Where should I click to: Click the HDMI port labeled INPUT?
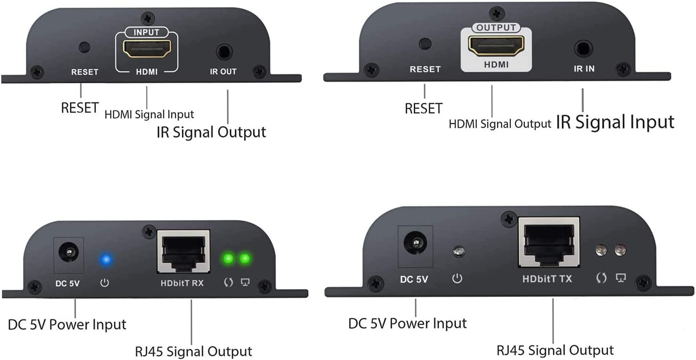coord(147,49)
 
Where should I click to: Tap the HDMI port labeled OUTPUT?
coord(496,46)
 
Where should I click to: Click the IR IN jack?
coord(583,48)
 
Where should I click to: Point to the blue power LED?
coord(106,258)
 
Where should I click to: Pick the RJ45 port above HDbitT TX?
coord(548,243)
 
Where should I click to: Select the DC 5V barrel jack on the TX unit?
coord(415,243)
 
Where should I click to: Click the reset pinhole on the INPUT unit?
coord(85,47)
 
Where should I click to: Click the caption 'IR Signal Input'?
coord(615,122)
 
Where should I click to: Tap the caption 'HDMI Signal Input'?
coord(149,114)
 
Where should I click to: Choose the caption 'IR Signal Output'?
coord(211,132)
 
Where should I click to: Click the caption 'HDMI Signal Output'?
coord(499,124)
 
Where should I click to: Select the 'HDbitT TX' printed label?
coord(547,279)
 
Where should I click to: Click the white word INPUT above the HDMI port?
coord(147,32)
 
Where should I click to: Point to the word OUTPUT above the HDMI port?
coord(496,28)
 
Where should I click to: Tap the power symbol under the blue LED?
coord(104,283)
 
